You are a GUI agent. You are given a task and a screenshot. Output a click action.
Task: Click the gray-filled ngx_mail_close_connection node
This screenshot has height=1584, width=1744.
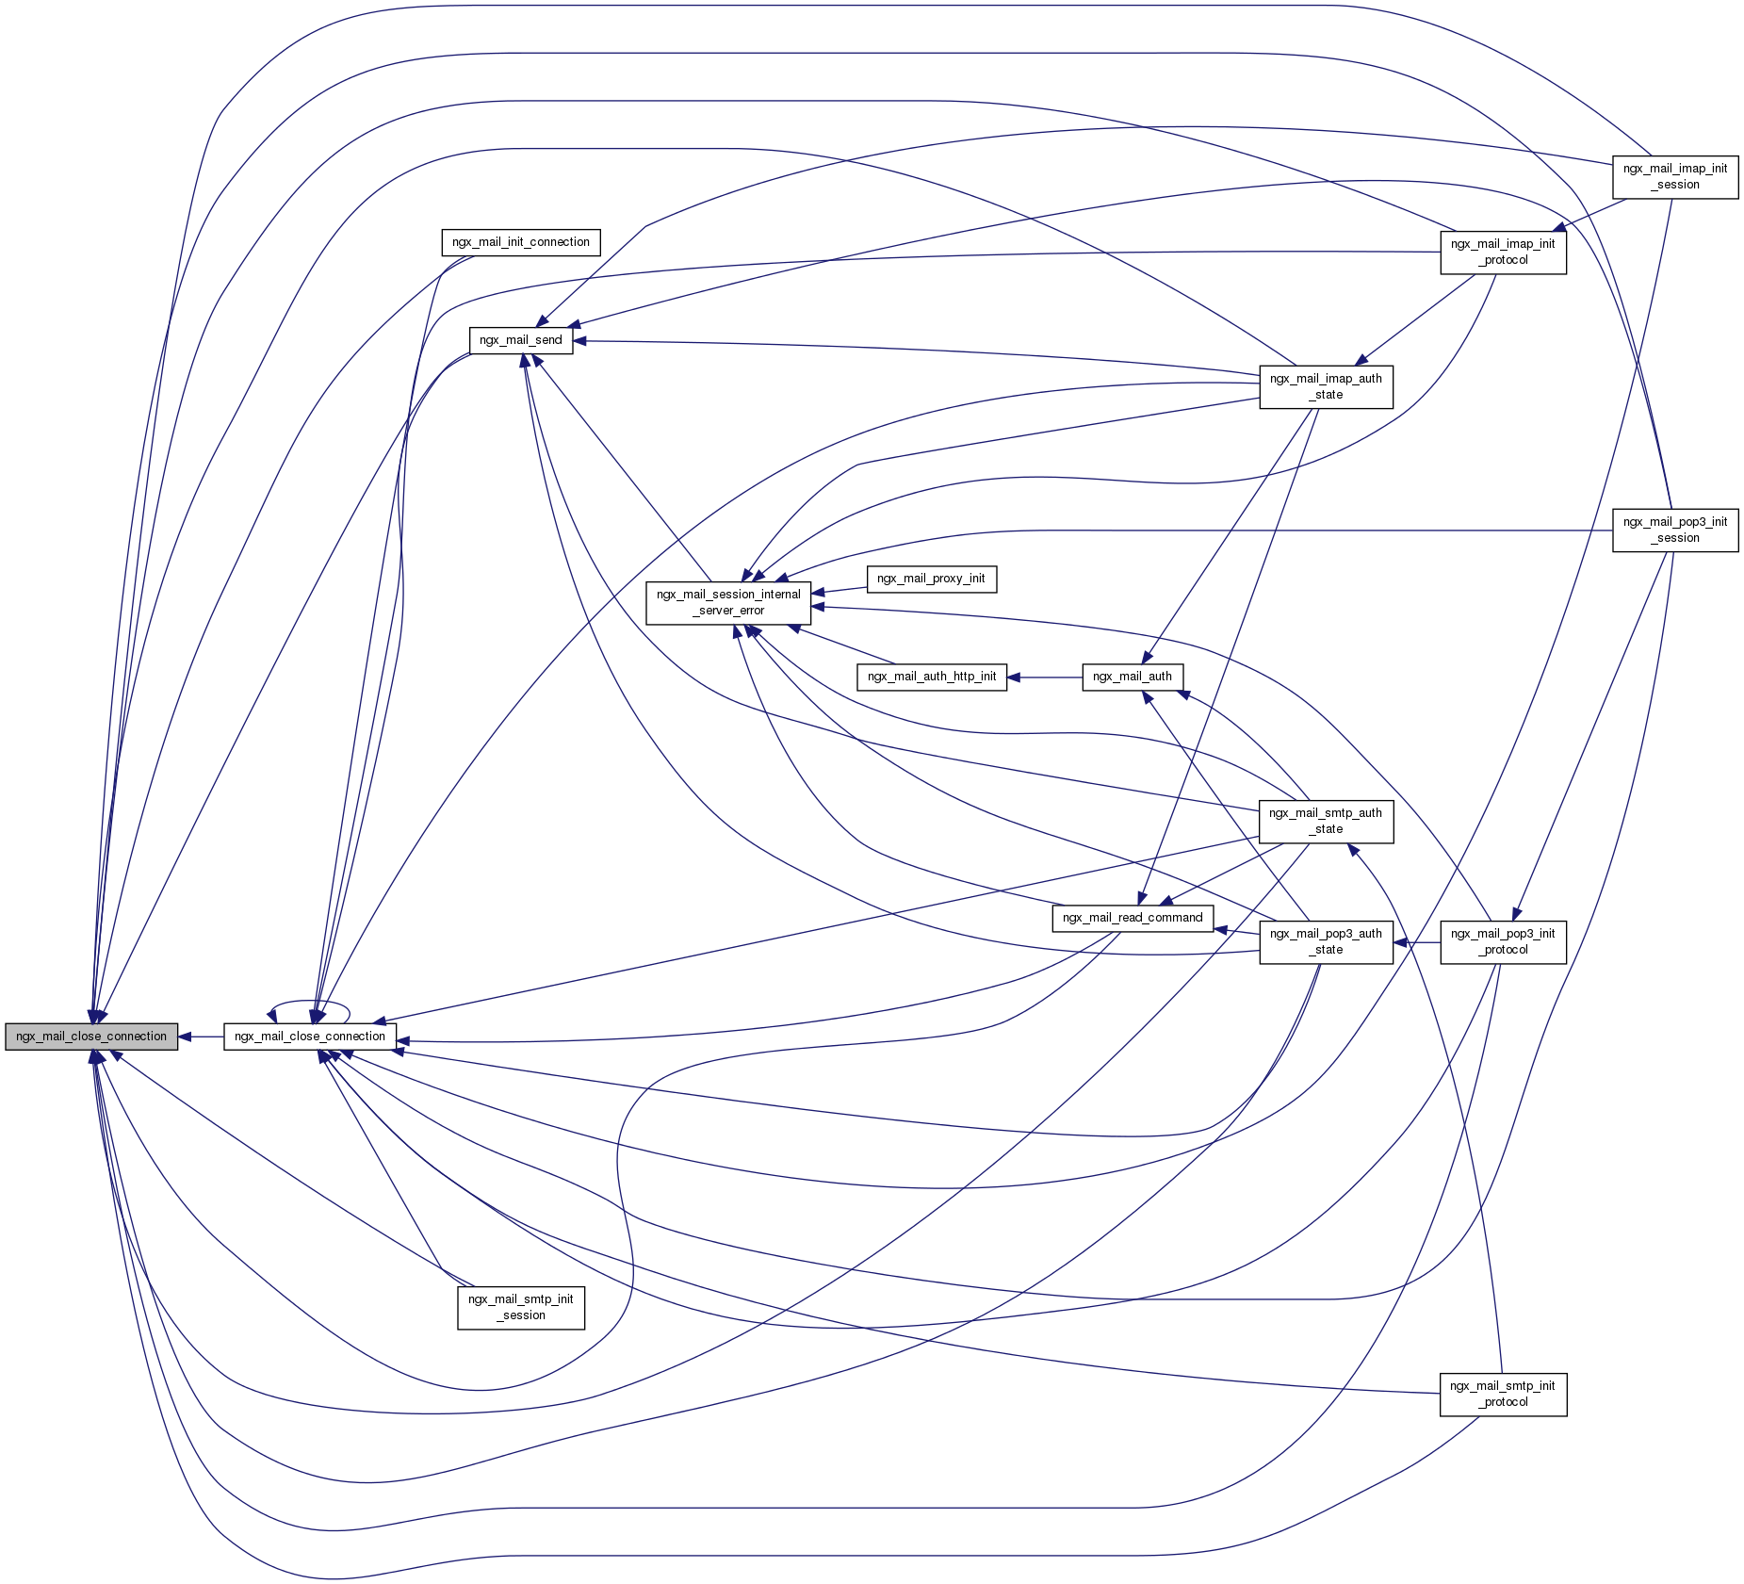(91, 1037)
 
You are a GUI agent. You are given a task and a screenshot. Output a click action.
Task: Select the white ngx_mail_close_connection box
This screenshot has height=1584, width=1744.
(309, 1037)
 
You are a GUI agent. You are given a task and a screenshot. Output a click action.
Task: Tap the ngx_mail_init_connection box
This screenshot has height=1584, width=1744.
(520, 242)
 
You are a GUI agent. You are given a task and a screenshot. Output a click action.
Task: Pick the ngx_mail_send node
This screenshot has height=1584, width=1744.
(520, 340)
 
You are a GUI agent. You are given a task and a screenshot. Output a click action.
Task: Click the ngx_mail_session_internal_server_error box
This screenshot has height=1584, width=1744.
(727, 602)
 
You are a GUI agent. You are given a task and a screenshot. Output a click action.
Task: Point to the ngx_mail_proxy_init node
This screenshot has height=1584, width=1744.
(930, 579)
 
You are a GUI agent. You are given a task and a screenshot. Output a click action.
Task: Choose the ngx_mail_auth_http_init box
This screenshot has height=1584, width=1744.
(931, 677)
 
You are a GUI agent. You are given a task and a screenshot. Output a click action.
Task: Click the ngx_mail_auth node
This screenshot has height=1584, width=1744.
(1132, 677)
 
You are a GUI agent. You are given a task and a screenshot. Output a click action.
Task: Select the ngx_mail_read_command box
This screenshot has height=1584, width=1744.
(1132, 918)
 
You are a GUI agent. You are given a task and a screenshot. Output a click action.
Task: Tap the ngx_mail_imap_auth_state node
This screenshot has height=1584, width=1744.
(1326, 386)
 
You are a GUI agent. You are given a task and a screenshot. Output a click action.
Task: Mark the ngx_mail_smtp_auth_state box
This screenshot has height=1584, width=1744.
(1326, 821)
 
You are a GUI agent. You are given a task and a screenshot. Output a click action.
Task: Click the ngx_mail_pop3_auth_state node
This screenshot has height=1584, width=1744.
(1326, 941)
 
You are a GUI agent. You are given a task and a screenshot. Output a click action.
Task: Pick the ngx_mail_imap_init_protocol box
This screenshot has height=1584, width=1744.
(1503, 252)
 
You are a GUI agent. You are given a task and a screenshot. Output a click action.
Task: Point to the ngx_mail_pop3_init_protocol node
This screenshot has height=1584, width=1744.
(1503, 941)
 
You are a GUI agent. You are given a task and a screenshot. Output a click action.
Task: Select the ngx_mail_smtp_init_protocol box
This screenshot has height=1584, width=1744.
(1503, 1394)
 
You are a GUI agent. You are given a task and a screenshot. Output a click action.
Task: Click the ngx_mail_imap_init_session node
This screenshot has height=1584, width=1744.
(1674, 176)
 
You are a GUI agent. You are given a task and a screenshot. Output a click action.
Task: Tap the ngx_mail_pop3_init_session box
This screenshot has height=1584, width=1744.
(1674, 530)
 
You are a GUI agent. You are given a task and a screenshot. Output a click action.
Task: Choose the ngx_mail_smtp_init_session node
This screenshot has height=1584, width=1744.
(520, 1307)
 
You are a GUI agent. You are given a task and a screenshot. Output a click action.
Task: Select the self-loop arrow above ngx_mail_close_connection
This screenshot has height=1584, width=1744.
(310, 1002)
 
